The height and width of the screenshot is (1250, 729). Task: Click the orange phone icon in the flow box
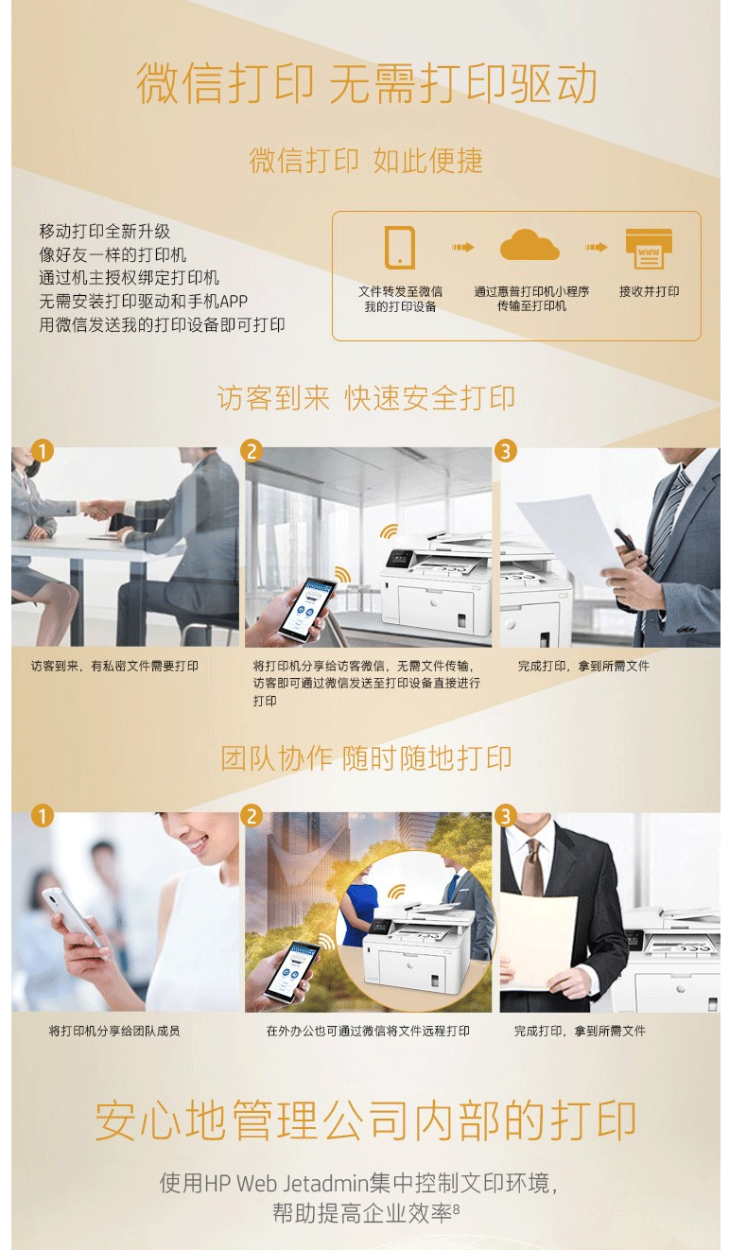point(400,247)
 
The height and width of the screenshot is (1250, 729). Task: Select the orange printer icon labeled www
point(649,249)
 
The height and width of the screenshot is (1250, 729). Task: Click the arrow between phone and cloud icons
point(462,247)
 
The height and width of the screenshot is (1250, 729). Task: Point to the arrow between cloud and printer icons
point(596,247)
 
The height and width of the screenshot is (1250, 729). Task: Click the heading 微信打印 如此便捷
point(366,161)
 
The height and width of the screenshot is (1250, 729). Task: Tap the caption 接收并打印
point(649,291)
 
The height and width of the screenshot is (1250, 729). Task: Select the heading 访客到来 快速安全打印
point(366,398)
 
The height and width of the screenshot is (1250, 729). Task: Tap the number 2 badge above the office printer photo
point(252,451)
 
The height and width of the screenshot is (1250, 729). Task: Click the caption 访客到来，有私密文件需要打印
point(114,666)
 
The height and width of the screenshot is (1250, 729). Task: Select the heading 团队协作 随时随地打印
point(366,757)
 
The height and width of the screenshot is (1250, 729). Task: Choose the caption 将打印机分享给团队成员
point(114,1031)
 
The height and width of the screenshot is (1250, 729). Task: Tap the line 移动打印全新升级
point(104,231)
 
